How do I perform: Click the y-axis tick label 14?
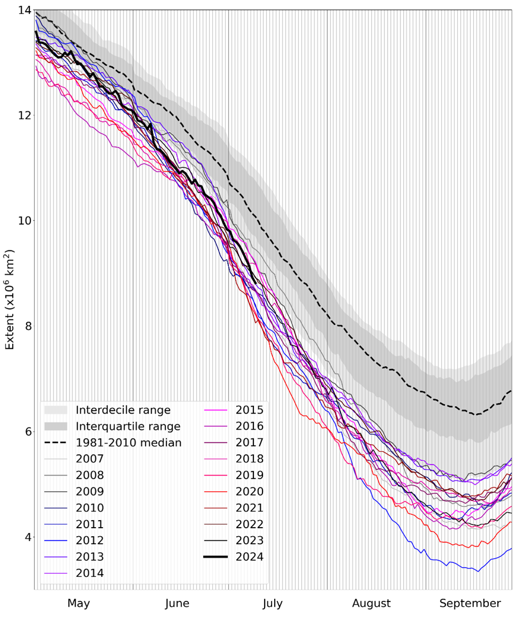tap(24, 10)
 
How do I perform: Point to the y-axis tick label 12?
tap(24, 116)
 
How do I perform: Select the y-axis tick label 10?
tap(24, 221)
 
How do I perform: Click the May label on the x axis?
tap(79, 604)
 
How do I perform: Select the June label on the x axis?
tap(177, 604)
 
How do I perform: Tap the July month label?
tap(273, 604)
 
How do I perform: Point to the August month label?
tap(371, 604)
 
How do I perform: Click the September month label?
tap(470, 604)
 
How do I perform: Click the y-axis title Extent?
tap(10, 300)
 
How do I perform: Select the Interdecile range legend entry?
tap(123, 410)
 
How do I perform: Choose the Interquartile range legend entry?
tap(128, 426)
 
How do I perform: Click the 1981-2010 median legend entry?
tap(128, 443)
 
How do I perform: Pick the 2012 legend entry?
tap(90, 541)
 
